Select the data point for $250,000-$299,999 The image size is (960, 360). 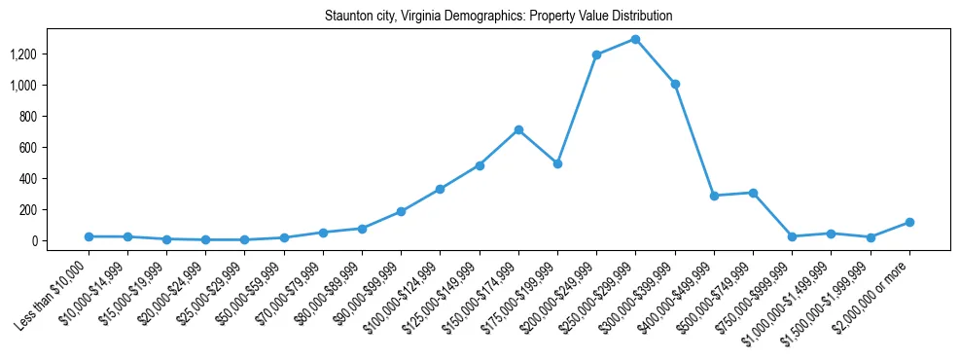[635, 39]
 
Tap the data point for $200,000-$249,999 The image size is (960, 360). [596, 54]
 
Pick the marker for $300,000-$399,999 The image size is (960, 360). [675, 84]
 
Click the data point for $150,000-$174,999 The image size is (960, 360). [518, 129]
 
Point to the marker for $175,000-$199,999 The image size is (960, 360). [557, 163]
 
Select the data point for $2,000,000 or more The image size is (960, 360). [909, 222]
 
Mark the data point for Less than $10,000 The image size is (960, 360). [89, 236]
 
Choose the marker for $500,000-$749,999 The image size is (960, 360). [753, 193]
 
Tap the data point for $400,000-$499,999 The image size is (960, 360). [714, 196]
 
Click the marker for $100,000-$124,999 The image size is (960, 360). [440, 189]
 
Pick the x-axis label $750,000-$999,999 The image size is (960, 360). [761, 292]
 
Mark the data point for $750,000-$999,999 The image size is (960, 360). [792, 236]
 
